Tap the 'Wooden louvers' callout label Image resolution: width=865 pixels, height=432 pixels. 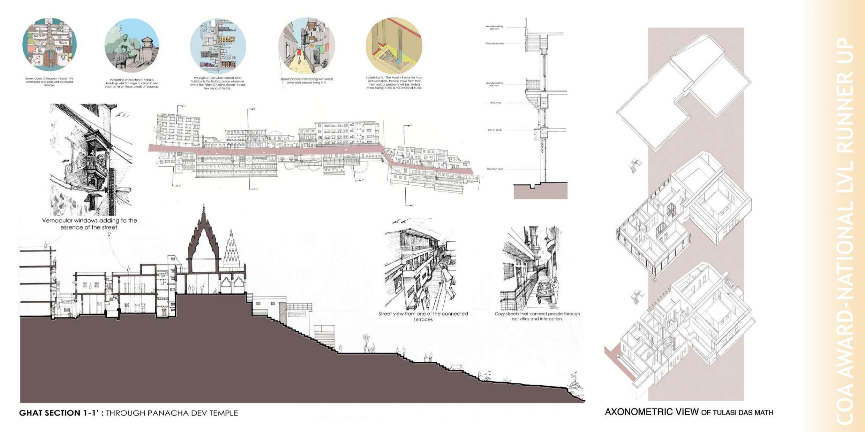(x=495, y=44)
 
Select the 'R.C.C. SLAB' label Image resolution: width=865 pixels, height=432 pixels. (x=495, y=130)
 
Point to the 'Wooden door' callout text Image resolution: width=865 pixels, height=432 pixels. (x=495, y=169)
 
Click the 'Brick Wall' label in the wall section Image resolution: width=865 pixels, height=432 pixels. (x=495, y=103)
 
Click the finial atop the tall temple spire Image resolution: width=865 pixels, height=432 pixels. (x=204, y=209)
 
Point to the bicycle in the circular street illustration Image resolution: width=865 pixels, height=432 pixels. (x=324, y=64)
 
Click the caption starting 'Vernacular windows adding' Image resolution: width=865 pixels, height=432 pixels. (x=89, y=224)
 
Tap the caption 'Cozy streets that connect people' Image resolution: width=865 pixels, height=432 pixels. (x=537, y=316)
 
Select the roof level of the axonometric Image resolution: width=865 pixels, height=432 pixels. (x=684, y=92)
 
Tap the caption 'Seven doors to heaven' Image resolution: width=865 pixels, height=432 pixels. (x=50, y=82)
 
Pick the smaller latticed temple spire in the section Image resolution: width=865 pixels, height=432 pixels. (x=231, y=247)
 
